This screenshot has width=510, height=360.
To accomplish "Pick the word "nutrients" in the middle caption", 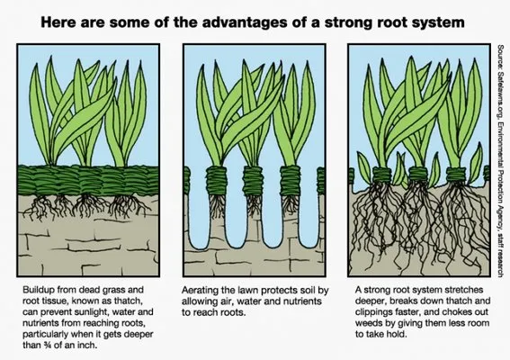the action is pyautogui.click(x=302, y=301).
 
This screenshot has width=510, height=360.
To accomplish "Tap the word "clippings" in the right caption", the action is pyautogui.click(x=373, y=312).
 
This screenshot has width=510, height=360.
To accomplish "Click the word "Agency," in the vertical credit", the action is pyautogui.click(x=500, y=213).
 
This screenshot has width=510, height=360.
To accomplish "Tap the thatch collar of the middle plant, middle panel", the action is pyautogui.click(x=253, y=181).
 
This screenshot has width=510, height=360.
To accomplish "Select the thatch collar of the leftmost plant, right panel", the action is pyautogui.click(x=382, y=175).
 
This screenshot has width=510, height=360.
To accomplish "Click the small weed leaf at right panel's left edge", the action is pyautogui.click(x=363, y=166).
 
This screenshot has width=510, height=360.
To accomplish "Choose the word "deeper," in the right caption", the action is pyautogui.click(x=371, y=301).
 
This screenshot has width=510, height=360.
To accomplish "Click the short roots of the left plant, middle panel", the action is pyautogui.click(x=217, y=204).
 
